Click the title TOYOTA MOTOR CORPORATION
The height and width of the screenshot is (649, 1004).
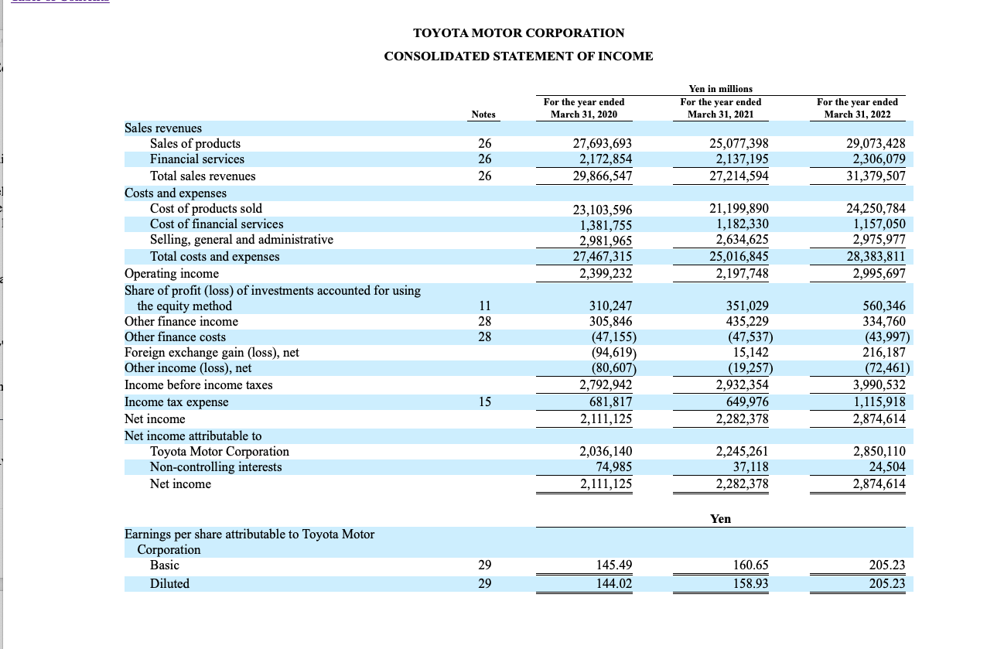[518, 33]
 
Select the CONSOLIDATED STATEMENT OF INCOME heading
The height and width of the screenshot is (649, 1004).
[518, 56]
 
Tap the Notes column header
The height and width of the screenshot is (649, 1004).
[483, 114]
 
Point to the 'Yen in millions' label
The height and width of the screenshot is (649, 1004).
[720, 89]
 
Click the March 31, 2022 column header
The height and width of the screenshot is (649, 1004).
[857, 108]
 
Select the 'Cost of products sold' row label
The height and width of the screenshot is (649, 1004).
[206, 209]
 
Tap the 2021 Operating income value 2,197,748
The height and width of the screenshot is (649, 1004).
[739, 274]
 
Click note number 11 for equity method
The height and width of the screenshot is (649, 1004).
[484, 306]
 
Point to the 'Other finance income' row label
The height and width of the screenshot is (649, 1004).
[181, 322]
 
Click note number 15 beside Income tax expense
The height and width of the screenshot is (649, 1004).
[484, 402]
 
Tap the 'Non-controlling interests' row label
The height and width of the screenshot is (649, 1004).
[216, 467]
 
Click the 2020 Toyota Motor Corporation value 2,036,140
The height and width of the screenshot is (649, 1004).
[606, 452]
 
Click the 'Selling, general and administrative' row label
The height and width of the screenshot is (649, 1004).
[241, 240]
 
